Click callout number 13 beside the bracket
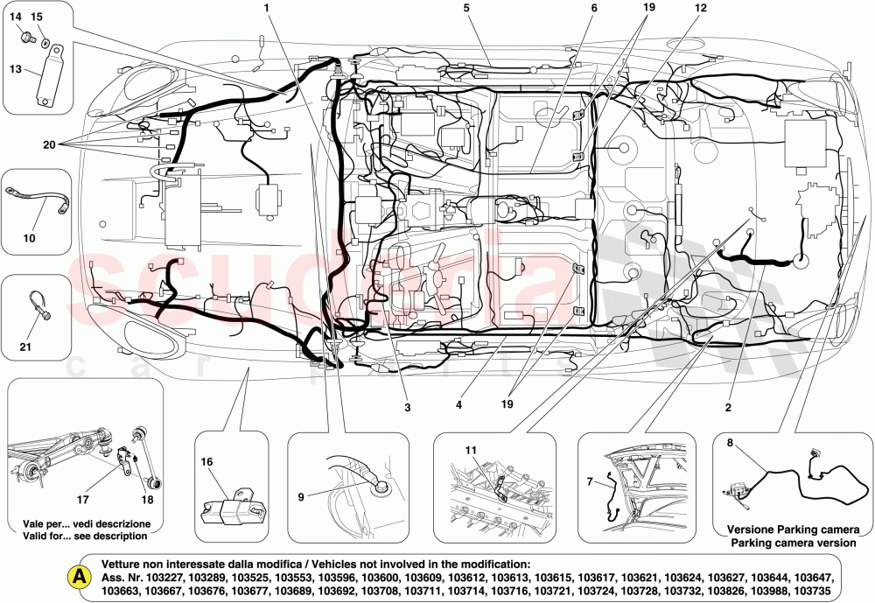[x=16, y=68]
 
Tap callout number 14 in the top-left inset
[x=16, y=17]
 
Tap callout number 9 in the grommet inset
[x=302, y=497]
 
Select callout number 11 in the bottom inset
[x=471, y=449]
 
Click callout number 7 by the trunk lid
[x=590, y=480]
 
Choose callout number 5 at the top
[x=466, y=9]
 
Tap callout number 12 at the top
[x=699, y=9]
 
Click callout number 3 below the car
[x=407, y=407]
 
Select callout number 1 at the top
[x=266, y=9]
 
